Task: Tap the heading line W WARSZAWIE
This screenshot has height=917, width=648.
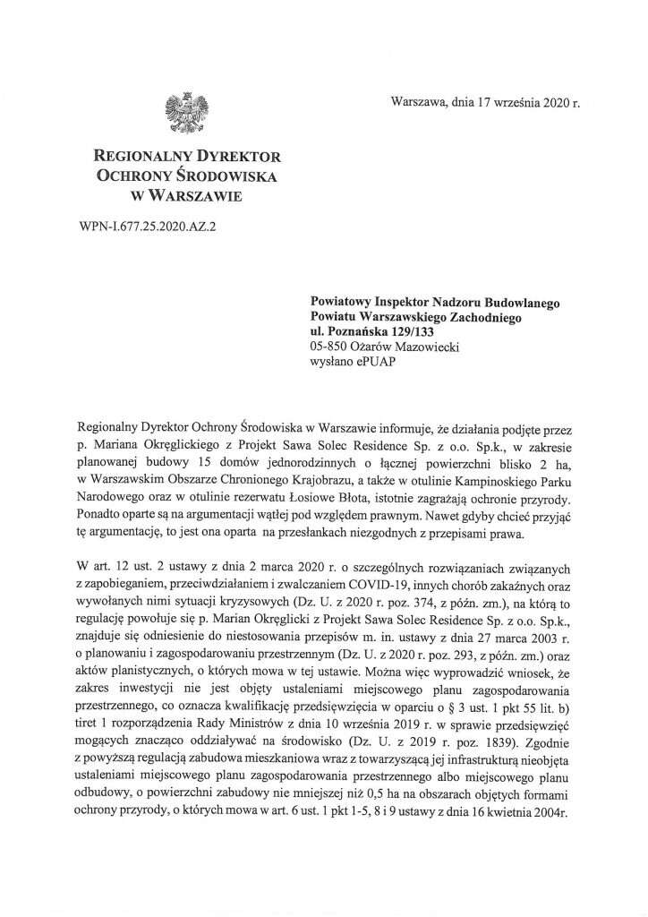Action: pyautogui.click(x=188, y=193)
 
